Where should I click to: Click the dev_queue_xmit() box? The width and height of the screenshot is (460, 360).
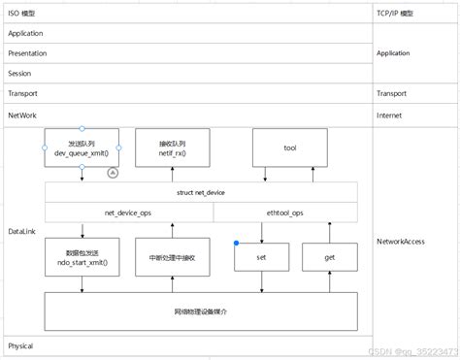click(82, 147)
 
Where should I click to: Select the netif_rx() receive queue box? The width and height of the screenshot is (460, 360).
click(172, 147)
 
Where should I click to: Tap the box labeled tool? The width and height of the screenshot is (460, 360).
click(289, 147)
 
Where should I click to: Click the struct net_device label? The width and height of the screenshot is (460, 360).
click(200, 193)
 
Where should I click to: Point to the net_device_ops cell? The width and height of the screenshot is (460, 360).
click(128, 212)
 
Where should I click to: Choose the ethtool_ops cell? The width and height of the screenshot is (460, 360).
click(284, 212)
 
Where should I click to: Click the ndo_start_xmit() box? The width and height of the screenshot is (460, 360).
click(82, 257)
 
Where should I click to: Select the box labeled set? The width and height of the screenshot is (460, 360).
click(261, 257)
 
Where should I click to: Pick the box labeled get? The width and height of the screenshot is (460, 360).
click(329, 257)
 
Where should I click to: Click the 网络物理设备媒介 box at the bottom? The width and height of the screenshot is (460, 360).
click(200, 311)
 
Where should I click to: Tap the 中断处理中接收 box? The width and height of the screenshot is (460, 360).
click(172, 257)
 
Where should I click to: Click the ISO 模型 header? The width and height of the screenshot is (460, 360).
click(22, 12)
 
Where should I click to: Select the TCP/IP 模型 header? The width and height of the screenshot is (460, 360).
click(396, 12)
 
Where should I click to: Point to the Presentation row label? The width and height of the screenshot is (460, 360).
click(27, 53)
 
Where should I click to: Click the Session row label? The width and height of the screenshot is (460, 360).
click(20, 74)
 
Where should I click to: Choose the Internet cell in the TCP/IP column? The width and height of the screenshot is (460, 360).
click(391, 115)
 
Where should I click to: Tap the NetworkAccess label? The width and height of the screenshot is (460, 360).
click(401, 241)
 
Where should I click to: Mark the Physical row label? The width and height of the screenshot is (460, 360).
click(21, 345)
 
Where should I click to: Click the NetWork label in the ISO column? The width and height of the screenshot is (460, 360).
click(23, 115)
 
